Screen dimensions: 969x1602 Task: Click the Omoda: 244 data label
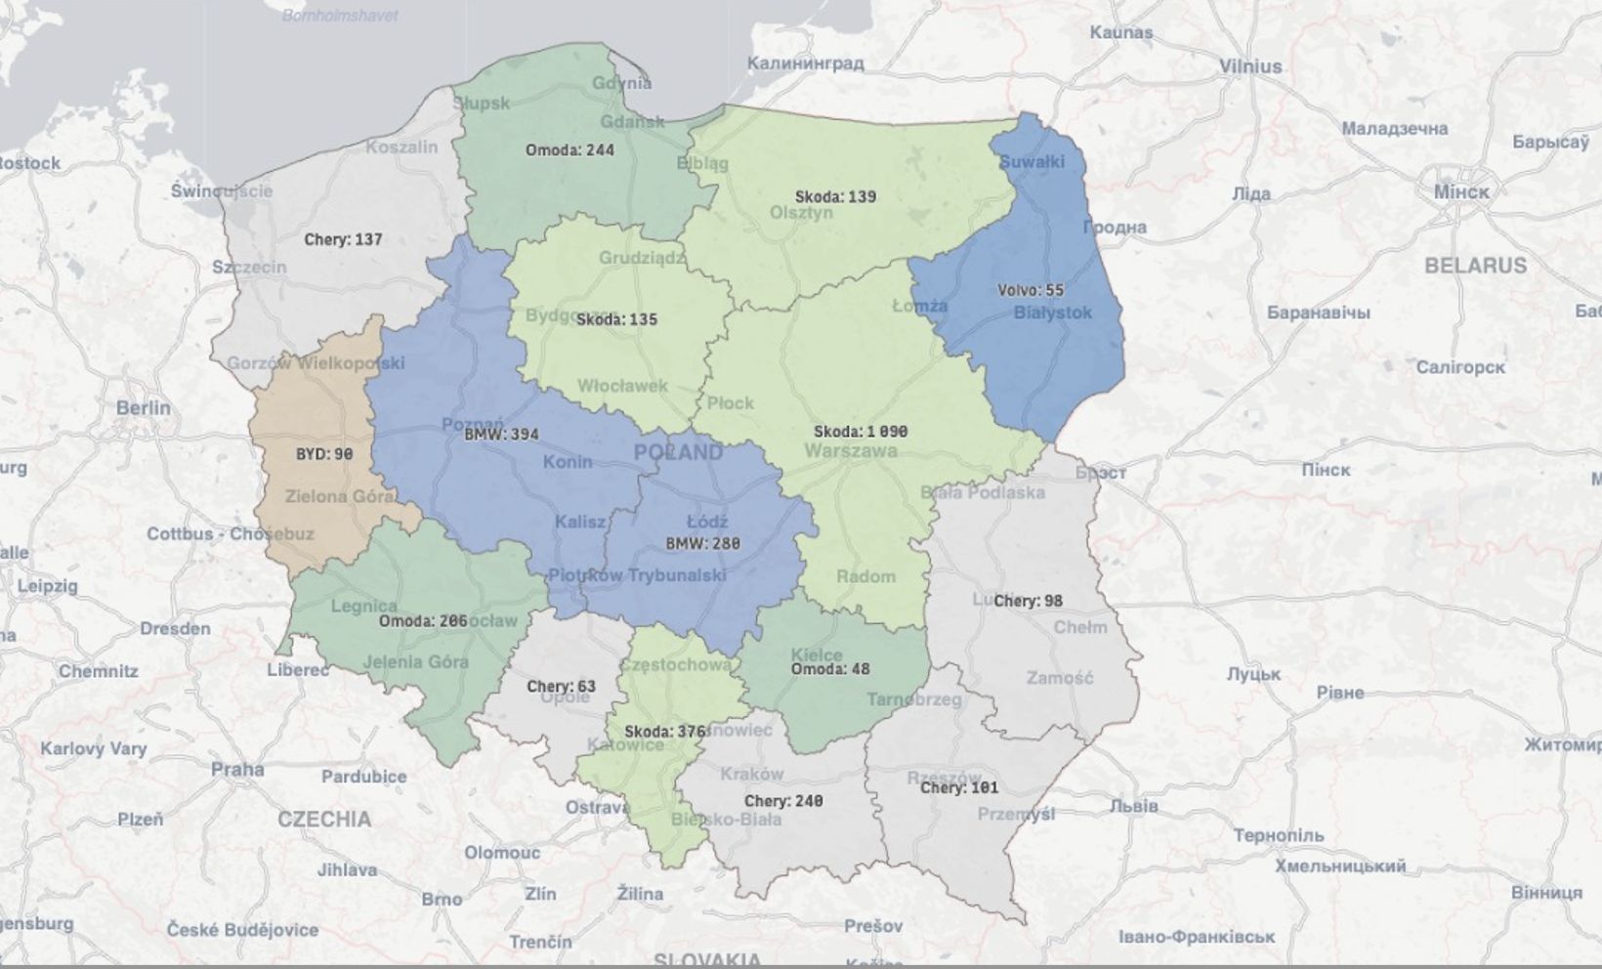569,150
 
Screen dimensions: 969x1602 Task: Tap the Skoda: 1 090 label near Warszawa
861,432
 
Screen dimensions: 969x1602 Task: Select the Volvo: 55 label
1031,290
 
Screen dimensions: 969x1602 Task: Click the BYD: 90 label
324,454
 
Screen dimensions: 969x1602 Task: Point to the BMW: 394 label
501,435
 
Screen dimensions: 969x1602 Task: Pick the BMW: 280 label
702,544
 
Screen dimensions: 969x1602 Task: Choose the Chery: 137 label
343,239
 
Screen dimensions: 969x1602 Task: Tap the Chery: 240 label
783,801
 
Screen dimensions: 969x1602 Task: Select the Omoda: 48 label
829,669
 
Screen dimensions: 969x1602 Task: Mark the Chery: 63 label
561,687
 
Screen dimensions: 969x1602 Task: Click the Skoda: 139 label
835,196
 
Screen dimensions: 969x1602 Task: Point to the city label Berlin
143,407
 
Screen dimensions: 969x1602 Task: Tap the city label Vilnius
1250,66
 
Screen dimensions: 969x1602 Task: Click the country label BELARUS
1475,266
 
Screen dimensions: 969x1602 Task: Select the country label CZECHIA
324,819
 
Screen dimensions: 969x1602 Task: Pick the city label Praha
237,770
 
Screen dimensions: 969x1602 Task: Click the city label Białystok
1053,313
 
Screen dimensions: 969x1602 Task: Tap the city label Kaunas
1121,32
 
